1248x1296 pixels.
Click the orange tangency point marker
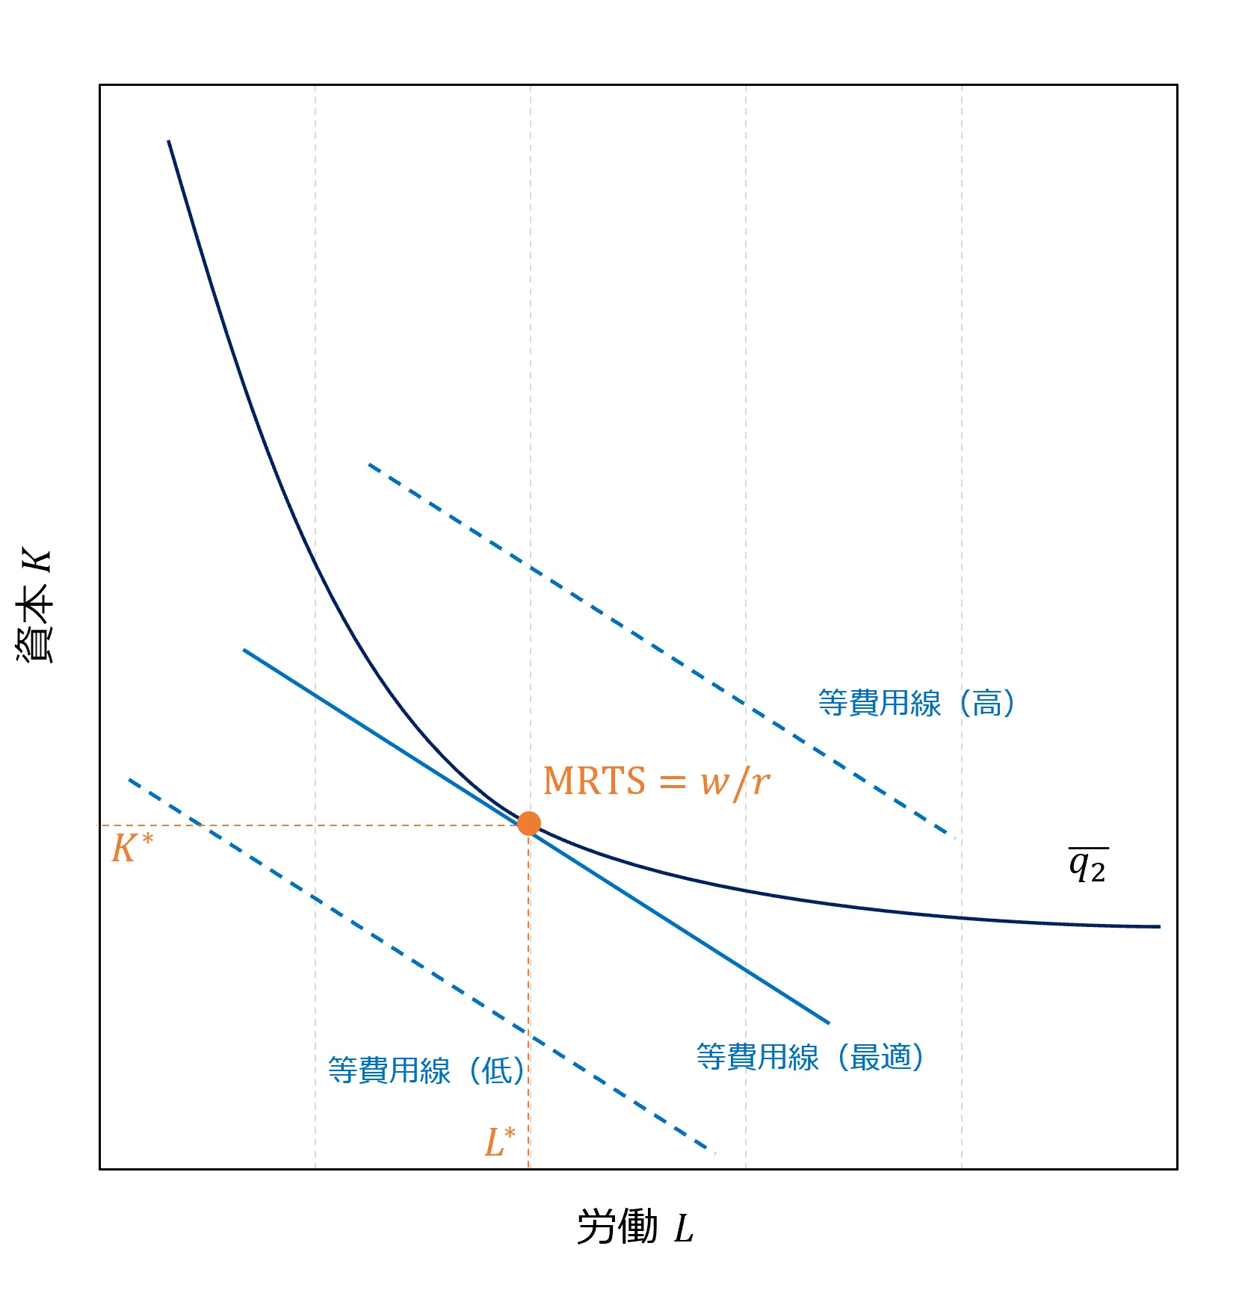529,823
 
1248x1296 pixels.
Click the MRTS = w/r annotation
656,781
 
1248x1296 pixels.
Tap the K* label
132,848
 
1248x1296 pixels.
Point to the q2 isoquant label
1088,865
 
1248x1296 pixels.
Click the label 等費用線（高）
917,703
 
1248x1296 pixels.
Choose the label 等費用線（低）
427,1070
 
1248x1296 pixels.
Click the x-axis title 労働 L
636,1227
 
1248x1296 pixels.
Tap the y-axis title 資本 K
35,605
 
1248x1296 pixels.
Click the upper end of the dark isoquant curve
169,140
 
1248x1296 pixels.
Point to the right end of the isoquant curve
1160,926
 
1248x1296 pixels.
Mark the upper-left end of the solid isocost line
244,650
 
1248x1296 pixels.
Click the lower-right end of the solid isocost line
830,1023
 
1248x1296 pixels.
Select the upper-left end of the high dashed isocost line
369,465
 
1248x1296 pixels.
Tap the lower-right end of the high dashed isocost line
949,834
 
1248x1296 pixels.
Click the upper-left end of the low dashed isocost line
129,780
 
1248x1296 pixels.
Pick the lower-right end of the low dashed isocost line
712,1150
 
